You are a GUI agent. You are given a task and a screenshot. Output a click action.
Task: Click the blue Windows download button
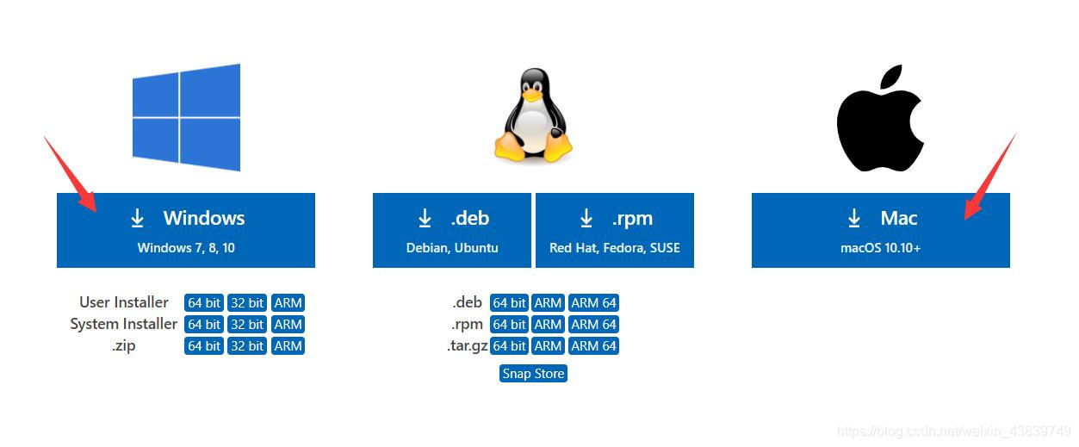[186, 230]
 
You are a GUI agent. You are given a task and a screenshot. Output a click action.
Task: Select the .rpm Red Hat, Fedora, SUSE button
[614, 230]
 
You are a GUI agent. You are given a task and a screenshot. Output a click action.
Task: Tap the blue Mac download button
[880, 230]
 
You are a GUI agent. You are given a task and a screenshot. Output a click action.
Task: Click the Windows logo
[186, 117]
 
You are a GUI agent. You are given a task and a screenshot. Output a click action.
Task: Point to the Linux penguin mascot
[533, 115]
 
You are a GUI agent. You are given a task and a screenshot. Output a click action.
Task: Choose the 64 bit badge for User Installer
[204, 303]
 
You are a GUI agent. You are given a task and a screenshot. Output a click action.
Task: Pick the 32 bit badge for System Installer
[247, 325]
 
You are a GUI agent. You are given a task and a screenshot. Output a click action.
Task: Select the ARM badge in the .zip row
[288, 346]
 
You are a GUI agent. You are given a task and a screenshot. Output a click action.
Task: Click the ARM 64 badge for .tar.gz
[593, 346]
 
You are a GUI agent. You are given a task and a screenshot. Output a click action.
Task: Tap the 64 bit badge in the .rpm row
[509, 325]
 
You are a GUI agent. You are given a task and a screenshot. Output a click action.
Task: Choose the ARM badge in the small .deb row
[548, 303]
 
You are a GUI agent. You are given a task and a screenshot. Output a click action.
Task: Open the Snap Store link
[533, 374]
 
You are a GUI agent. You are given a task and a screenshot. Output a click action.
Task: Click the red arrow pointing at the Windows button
[70, 171]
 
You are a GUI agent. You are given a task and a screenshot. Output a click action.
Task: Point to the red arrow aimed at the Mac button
[990, 177]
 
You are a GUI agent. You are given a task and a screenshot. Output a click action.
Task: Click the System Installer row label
[123, 325]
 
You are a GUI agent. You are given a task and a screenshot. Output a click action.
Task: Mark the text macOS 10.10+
[880, 248]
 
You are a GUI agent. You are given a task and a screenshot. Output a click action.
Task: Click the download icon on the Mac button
[854, 219]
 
